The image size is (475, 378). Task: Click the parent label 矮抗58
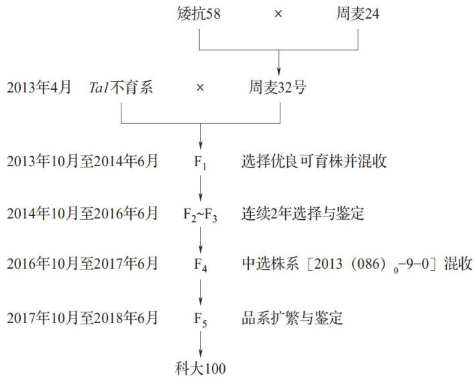click(199, 13)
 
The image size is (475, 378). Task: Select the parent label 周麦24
click(358, 13)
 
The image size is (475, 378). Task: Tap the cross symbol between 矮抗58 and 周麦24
click(278, 13)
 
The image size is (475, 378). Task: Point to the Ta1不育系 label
click(121, 87)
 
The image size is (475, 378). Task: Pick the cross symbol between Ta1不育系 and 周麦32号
click(199, 87)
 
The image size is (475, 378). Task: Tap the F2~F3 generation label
click(200, 214)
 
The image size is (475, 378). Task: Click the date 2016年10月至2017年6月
click(83, 265)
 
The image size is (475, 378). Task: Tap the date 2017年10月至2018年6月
click(83, 317)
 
